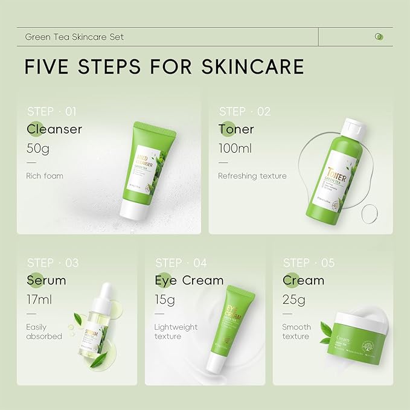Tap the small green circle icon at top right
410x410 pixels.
pos(379,36)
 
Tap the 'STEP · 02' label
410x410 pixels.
pos(245,111)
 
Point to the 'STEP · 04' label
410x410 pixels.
pos(181,263)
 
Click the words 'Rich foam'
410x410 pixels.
pos(45,176)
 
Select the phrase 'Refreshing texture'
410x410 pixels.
pos(252,176)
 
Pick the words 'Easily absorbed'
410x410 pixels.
pos(44,332)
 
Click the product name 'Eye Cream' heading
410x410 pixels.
pos(189,281)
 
